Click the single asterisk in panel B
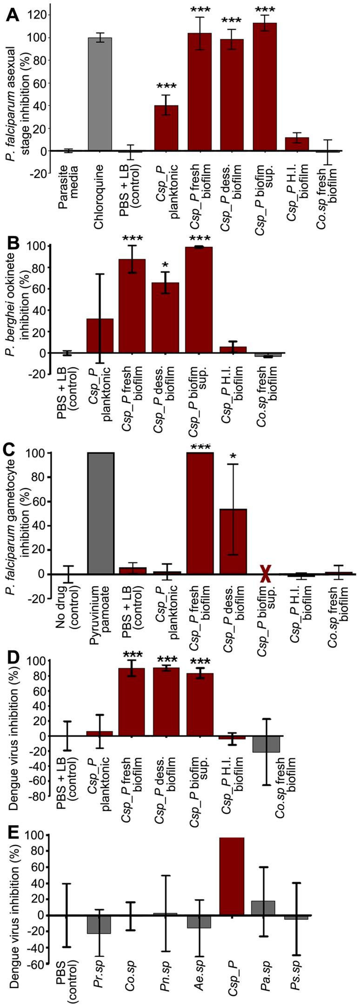coord(166,265)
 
